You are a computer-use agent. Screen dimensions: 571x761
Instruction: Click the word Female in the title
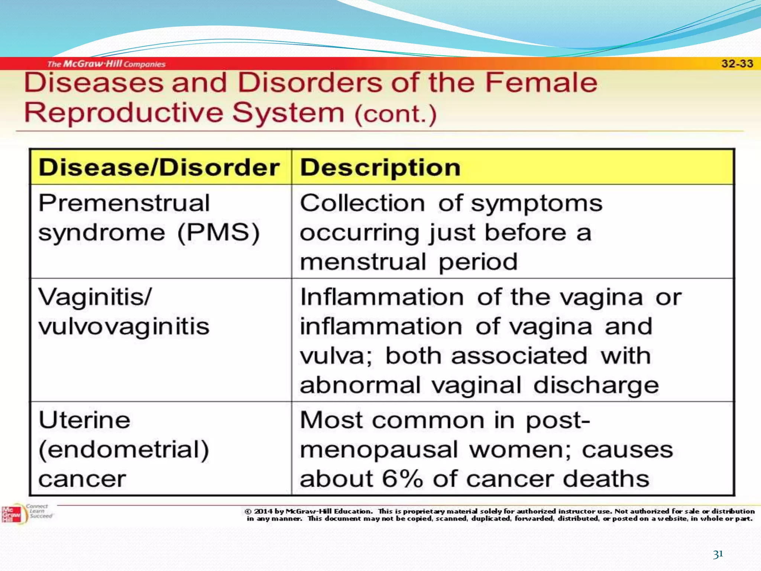point(541,83)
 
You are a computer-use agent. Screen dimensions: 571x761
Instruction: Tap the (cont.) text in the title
point(395,114)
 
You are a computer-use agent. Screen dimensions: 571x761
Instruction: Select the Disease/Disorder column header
point(159,167)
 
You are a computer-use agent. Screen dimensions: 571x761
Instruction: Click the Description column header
point(380,167)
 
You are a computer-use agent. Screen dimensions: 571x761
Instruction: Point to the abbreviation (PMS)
point(218,233)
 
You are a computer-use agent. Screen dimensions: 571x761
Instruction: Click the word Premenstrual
point(124,203)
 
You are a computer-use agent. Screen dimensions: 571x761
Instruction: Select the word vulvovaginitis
point(124,327)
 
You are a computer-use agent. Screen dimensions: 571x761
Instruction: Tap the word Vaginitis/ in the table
point(95,297)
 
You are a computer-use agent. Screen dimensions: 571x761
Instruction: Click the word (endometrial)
point(124,450)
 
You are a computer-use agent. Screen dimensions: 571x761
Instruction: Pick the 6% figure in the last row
point(402,479)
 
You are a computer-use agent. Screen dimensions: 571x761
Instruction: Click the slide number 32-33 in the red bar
point(737,64)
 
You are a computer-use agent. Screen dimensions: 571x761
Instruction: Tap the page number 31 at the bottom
point(718,554)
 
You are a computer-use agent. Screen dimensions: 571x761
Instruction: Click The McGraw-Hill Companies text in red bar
point(106,64)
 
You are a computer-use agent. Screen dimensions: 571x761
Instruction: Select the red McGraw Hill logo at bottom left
point(11,514)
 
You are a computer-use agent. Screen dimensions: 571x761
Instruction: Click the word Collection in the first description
point(362,203)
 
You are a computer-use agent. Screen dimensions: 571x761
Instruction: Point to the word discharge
point(596,385)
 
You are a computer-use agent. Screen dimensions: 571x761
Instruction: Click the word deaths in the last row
point(606,479)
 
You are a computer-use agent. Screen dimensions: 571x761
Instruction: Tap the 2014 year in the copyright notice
point(263,512)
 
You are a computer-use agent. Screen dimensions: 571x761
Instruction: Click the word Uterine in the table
point(84,420)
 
